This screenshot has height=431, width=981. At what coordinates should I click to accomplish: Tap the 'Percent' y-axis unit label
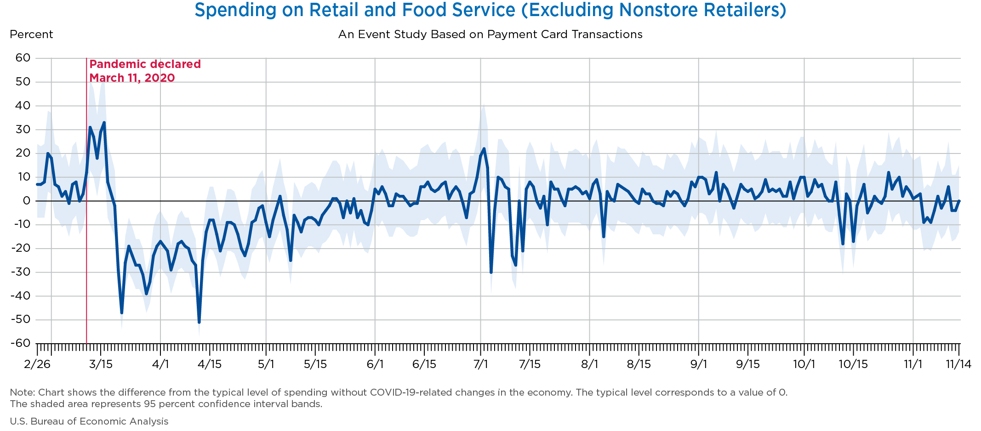pyautogui.click(x=31, y=34)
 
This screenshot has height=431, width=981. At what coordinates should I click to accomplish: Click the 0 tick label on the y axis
pyautogui.click(x=27, y=201)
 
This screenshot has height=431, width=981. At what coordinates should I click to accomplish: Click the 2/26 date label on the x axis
pyautogui.click(x=37, y=364)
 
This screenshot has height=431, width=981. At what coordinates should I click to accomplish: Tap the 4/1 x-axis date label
pyautogui.click(x=160, y=364)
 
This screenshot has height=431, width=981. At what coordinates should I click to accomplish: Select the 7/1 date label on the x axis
pyautogui.click(x=480, y=364)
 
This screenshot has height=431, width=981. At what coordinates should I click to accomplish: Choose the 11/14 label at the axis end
pyautogui.click(x=958, y=364)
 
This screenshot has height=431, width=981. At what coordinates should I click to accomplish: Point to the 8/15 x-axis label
pyautogui.click(x=639, y=364)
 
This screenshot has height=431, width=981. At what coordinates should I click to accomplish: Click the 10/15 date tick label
pyautogui.click(x=853, y=364)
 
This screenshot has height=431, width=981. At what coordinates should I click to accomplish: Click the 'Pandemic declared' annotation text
pyautogui.click(x=145, y=64)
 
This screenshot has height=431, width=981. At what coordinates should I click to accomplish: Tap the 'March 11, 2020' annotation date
pyautogui.click(x=132, y=78)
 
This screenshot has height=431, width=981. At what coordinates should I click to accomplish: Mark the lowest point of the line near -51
pyautogui.click(x=199, y=322)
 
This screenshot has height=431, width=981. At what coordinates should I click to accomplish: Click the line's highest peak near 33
pyautogui.click(x=104, y=123)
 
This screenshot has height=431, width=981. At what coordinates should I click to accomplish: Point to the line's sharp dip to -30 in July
pyautogui.click(x=491, y=272)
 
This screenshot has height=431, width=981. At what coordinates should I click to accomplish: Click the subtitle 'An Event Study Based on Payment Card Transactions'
pyautogui.click(x=490, y=34)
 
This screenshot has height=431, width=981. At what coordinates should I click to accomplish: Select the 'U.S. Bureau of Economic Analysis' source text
pyautogui.click(x=89, y=421)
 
